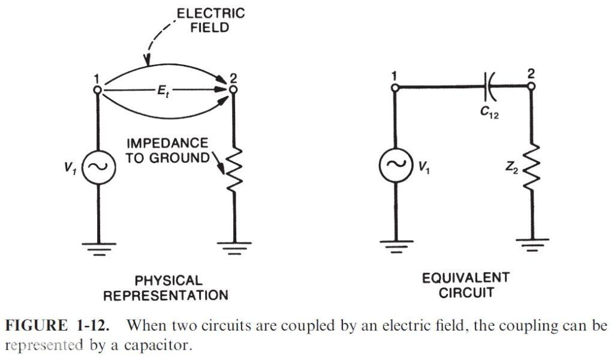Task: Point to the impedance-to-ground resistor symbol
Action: [233, 170]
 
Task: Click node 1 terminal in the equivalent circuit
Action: [395, 87]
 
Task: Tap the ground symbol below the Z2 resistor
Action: [533, 245]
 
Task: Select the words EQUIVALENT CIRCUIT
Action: [465, 285]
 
